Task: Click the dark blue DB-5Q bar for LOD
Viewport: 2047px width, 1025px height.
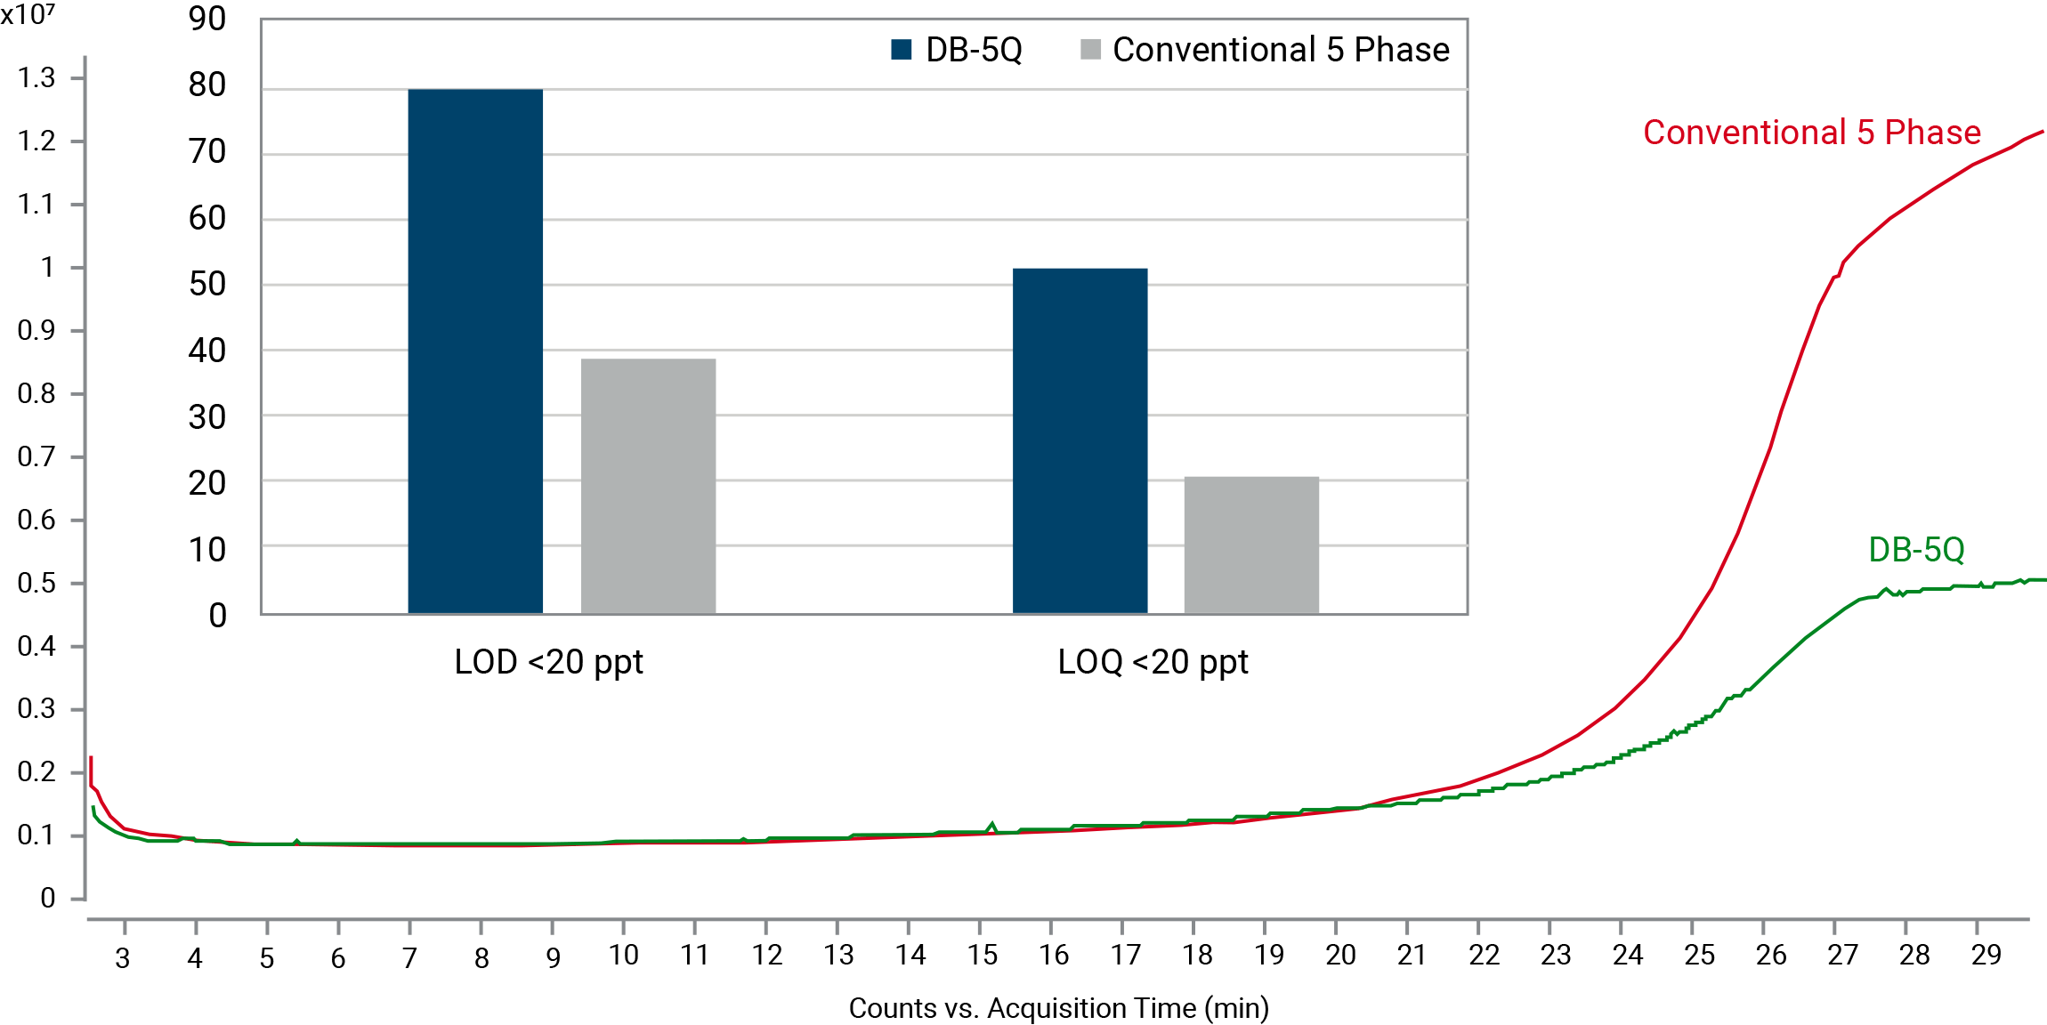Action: pos(475,351)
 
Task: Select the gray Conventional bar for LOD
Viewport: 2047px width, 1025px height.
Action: pos(648,486)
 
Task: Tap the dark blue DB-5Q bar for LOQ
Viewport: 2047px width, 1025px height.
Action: pos(1080,440)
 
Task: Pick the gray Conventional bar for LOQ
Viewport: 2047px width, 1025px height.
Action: pos(1251,545)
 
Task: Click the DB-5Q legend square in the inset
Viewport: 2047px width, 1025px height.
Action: pos(902,50)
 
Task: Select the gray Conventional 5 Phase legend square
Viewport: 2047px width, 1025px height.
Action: pos(1090,50)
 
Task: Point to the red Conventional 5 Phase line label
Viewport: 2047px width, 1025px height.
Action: pos(1811,133)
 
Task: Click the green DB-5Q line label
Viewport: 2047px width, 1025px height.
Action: pos(1916,550)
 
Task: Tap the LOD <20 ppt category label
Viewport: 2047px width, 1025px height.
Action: pos(548,662)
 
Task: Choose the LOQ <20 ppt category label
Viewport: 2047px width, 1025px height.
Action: pos(1153,662)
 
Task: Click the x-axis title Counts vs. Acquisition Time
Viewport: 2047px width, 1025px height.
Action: pos(1058,1008)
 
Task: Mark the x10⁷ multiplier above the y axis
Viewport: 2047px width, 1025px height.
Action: pos(28,14)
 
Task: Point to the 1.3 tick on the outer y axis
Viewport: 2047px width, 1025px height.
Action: pos(36,78)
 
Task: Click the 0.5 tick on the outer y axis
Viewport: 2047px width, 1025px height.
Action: pos(36,583)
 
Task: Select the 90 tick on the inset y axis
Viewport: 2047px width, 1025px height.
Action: pos(207,19)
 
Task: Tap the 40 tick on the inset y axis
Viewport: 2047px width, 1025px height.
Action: pos(207,351)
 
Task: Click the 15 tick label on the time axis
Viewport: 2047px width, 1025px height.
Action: pos(982,956)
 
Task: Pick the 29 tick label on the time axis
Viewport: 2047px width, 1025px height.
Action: pos(1986,956)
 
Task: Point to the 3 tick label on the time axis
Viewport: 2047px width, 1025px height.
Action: pos(123,958)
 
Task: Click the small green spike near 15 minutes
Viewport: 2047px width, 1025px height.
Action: pos(992,825)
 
